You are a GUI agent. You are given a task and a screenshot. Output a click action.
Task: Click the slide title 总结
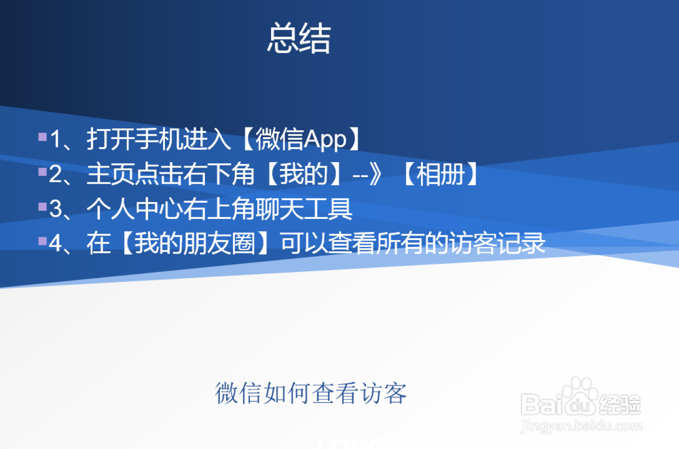(299, 39)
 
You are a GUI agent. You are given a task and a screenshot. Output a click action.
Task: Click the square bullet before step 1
(43, 137)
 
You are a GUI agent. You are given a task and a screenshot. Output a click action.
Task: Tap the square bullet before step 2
(43, 172)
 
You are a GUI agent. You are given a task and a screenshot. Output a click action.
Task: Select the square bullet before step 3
(43, 206)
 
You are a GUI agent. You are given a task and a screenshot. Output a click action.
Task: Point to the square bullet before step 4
(43, 240)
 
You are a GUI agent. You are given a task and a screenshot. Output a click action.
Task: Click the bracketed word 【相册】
(439, 175)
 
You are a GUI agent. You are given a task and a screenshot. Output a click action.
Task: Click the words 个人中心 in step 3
(132, 209)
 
